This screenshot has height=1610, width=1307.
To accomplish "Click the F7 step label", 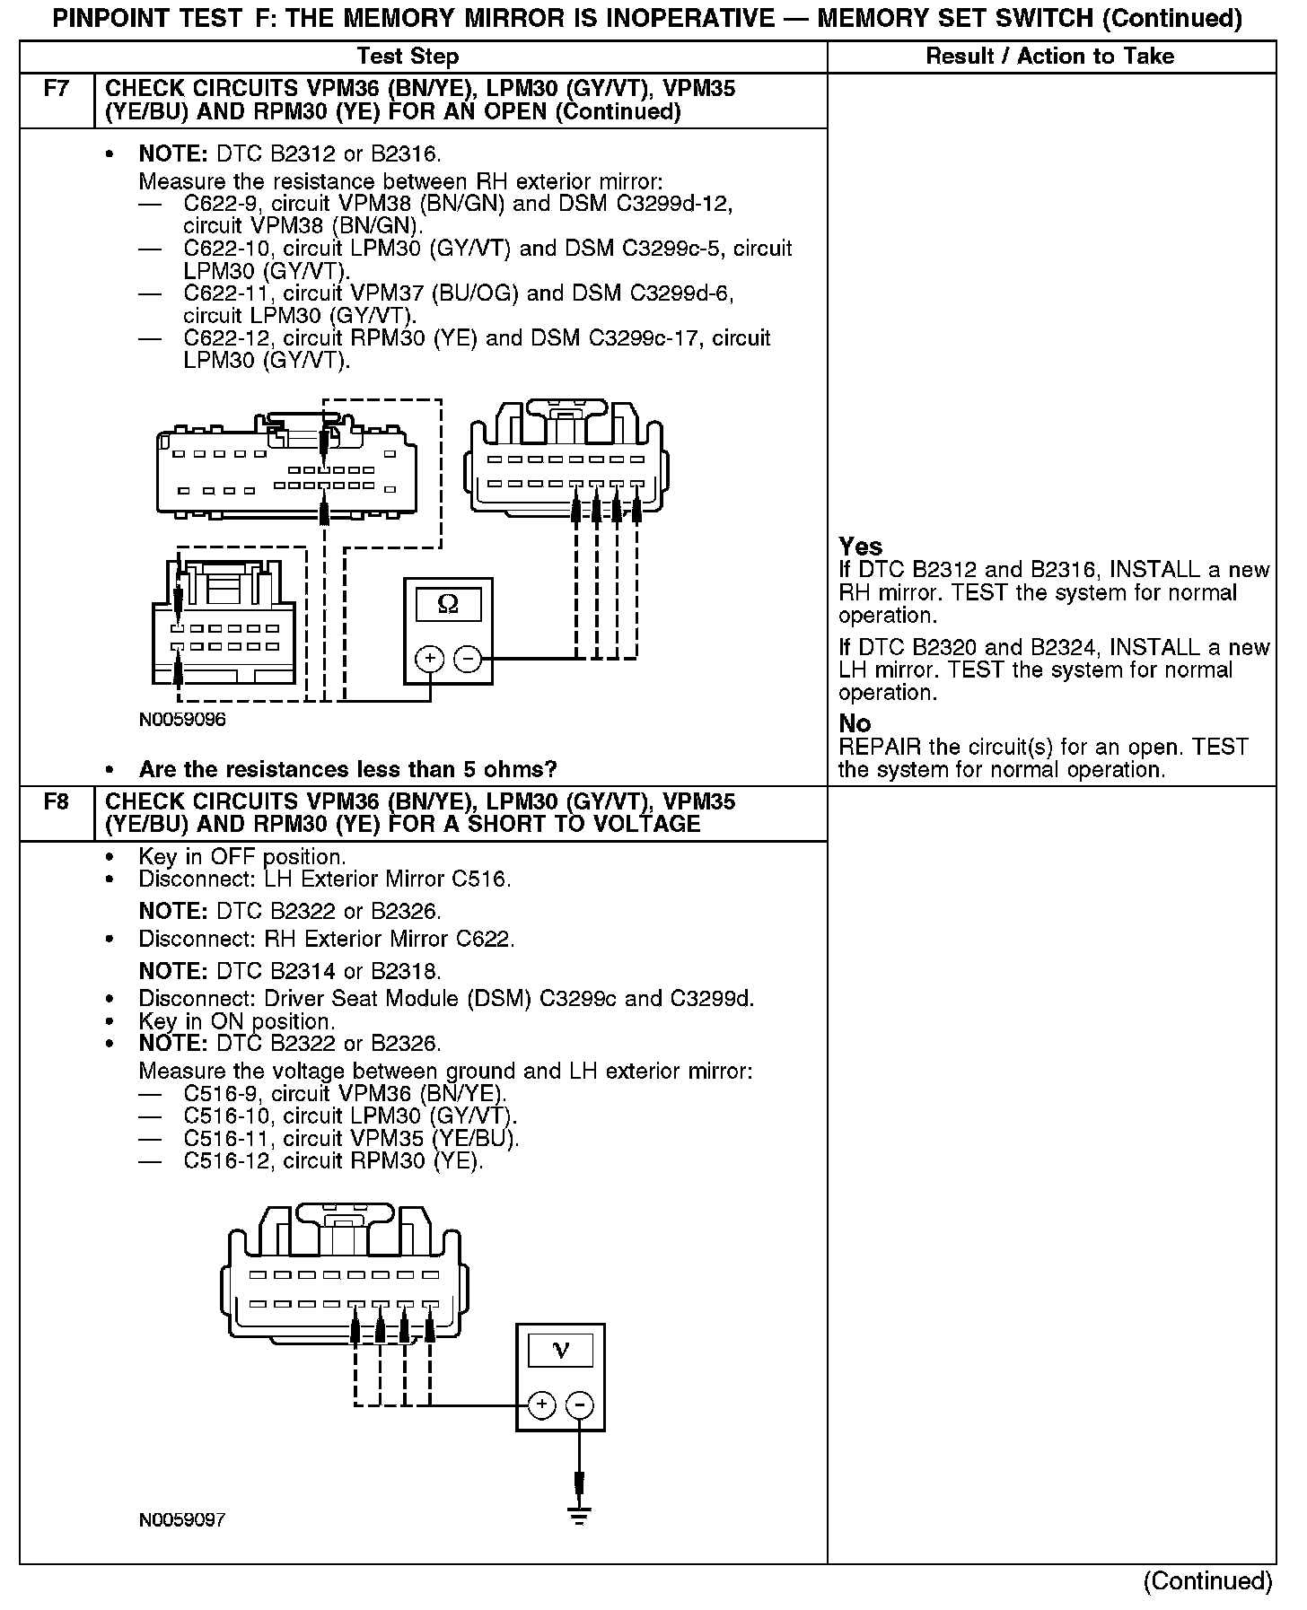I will tap(56, 90).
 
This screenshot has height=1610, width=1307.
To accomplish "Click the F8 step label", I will tap(56, 801).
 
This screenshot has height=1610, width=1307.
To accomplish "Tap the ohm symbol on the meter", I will tap(448, 605).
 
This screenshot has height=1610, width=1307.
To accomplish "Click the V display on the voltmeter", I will tap(560, 1350).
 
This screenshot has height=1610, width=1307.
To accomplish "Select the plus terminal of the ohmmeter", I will tap(430, 660).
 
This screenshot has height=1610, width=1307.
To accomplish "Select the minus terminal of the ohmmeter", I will tap(467, 660).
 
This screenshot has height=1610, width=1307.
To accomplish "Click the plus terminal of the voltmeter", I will tap(541, 1404).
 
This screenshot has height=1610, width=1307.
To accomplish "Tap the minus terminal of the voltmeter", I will tap(580, 1404).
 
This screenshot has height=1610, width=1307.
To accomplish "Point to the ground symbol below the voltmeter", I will tap(580, 1516).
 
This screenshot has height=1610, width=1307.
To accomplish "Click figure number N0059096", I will tap(182, 720).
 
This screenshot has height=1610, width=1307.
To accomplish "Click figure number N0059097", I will tap(182, 1519).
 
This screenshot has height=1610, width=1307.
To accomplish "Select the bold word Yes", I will tap(860, 547).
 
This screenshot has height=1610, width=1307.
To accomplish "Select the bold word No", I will tap(855, 723).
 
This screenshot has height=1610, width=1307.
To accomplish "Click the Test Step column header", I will tap(408, 57).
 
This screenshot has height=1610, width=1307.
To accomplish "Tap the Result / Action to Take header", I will tap(1049, 57).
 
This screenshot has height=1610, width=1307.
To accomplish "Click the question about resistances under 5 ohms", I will tap(347, 769).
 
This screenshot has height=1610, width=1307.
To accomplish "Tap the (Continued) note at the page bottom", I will tap(1207, 1580).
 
